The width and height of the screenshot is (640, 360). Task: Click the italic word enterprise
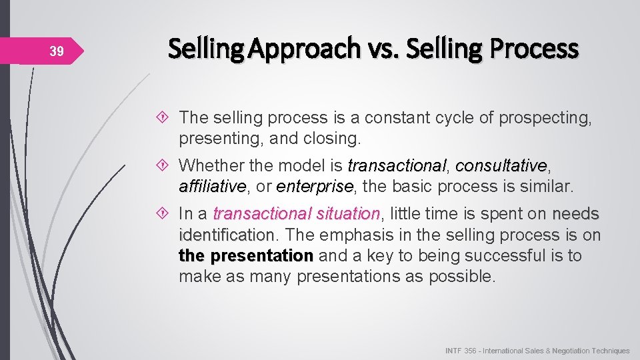(314, 186)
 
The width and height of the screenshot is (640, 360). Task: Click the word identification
(227, 235)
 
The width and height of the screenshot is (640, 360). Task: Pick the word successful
(495, 256)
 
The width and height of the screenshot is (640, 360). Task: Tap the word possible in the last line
(462, 277)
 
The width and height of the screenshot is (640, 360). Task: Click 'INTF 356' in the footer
(460, 351)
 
